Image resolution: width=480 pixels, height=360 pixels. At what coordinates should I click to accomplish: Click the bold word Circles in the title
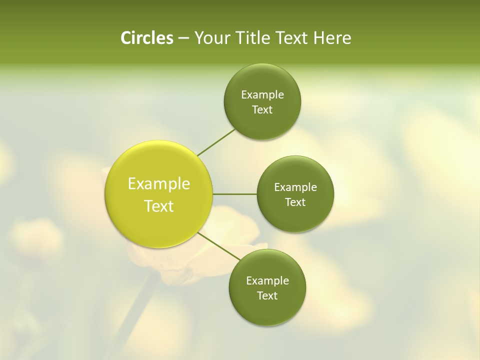[x=146, y=38]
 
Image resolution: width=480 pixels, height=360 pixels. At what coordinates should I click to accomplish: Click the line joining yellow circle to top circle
[x=216, y=142]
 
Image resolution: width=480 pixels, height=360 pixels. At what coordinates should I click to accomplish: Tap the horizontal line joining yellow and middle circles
[x=234, y=193]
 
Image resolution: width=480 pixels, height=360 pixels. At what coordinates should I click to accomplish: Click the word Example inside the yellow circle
[x=159, y=184]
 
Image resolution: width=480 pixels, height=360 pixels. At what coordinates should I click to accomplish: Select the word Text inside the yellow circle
[x=159, y=206]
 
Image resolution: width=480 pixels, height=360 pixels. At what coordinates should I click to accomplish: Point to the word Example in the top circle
[x=262, y=95]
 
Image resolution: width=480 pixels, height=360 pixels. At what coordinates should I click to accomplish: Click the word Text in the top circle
[x=262, y=110]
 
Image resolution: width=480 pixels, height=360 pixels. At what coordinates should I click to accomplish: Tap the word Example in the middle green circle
[x=295, y=187]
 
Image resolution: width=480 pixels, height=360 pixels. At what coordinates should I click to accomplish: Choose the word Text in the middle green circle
[x=295, y=202]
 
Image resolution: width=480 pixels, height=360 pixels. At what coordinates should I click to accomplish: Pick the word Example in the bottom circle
[x=267, y=281]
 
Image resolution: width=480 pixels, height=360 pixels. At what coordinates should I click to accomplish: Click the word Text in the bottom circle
[x=267, y=296]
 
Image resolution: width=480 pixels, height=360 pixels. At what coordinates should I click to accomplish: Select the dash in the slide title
[x=183, y=38]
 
